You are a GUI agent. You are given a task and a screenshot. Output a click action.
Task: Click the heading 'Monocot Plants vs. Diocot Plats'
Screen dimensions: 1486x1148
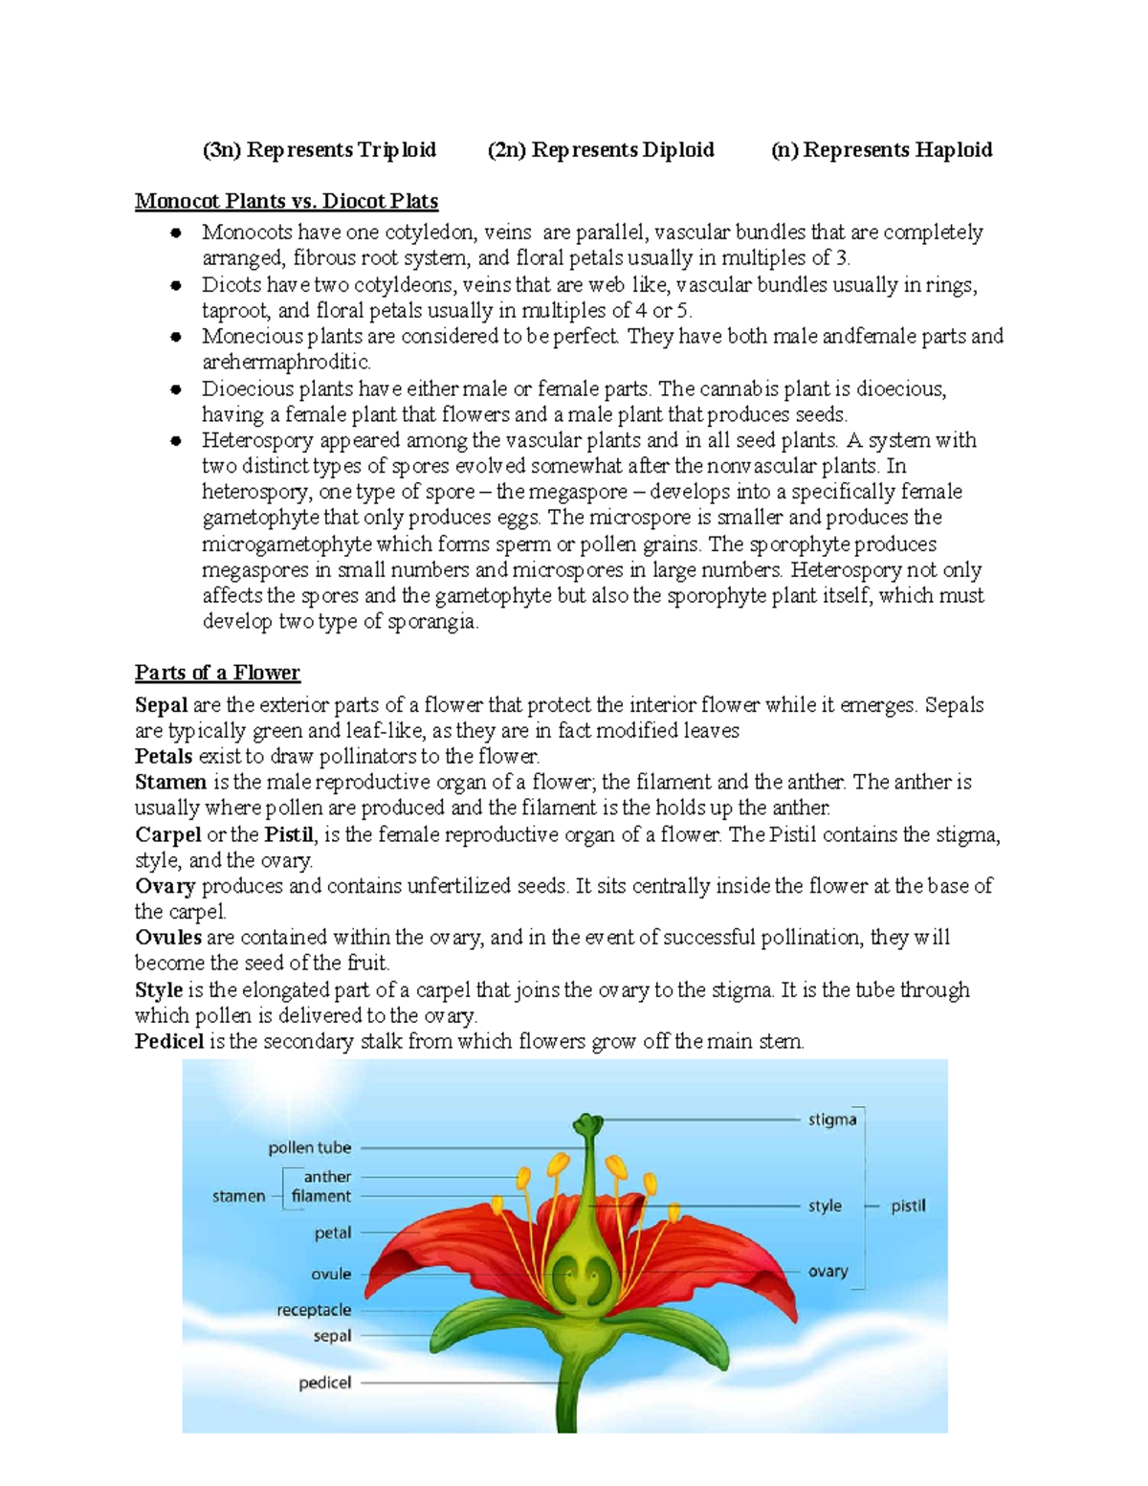(286, 201)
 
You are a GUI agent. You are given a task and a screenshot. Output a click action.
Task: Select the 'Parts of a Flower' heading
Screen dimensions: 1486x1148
(217, 673)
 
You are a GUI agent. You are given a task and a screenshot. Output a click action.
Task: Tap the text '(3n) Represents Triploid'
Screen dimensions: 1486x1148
(319, 150)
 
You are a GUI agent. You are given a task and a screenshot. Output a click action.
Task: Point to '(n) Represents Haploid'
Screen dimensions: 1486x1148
(881, 150)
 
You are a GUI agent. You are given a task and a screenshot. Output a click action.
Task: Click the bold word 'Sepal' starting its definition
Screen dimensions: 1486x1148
(162, 705)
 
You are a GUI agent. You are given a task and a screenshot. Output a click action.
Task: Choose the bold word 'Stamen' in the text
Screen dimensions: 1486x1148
(170, 782)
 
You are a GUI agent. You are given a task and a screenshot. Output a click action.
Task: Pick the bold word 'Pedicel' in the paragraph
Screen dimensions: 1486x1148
(169, 1041)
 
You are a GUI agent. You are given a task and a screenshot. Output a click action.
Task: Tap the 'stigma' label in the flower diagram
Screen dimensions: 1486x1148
(832, 1120)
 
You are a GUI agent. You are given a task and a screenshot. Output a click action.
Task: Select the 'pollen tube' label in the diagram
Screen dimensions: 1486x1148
(309, 1147)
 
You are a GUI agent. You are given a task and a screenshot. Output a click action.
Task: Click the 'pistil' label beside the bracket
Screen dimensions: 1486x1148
(908, 1206)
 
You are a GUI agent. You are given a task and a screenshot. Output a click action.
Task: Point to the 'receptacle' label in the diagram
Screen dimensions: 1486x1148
(314, 1310)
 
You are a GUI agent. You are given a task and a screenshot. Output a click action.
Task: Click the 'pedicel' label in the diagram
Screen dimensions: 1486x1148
(324, 1383)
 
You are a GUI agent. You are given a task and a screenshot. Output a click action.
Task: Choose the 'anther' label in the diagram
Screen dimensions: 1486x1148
(327, 1177)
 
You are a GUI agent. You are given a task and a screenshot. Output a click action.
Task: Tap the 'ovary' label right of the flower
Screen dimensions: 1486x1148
(828, 1272)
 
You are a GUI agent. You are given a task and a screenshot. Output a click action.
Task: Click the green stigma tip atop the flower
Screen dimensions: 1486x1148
(587, 1122)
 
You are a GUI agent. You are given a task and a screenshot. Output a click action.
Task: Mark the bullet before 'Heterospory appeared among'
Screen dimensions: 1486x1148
(176, 441)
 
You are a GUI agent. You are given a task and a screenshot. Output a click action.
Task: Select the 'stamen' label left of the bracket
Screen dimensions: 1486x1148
(238, 1196)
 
